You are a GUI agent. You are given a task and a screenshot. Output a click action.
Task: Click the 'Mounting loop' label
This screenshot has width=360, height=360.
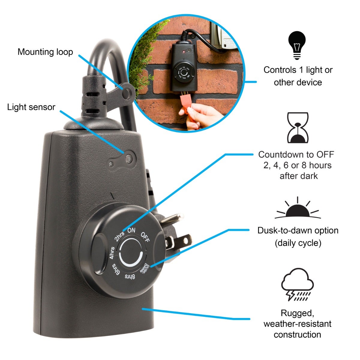point(45,52)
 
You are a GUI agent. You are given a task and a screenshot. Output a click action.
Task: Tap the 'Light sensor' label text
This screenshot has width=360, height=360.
point(31,107)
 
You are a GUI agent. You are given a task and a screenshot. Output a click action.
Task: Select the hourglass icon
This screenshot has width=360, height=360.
point(298,127)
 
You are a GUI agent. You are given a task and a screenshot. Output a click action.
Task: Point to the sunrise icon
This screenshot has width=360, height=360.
point(298,208)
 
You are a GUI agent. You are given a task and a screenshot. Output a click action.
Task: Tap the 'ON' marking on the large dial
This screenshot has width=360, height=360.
point(131,230)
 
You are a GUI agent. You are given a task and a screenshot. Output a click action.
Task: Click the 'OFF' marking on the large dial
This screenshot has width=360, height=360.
point(145,237)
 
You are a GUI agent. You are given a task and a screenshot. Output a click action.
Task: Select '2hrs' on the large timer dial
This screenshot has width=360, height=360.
point(119,236)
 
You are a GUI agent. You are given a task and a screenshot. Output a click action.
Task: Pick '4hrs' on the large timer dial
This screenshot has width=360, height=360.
point(112,253)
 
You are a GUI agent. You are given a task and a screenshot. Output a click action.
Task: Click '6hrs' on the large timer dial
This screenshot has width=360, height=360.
point(115,269)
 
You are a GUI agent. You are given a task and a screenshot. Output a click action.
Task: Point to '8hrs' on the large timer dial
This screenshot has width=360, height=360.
point(130,277)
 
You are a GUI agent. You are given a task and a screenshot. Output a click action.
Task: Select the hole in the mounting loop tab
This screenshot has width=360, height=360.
point(127,93)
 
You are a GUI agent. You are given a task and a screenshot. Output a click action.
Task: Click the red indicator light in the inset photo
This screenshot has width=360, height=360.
point(184,51)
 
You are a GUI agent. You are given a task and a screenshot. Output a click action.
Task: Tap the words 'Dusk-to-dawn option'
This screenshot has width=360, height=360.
point(298,230)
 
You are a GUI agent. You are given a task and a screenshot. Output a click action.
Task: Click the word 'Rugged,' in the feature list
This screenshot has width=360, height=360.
point(297,313)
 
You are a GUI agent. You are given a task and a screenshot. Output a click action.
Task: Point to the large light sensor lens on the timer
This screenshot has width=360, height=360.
point(129,159)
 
